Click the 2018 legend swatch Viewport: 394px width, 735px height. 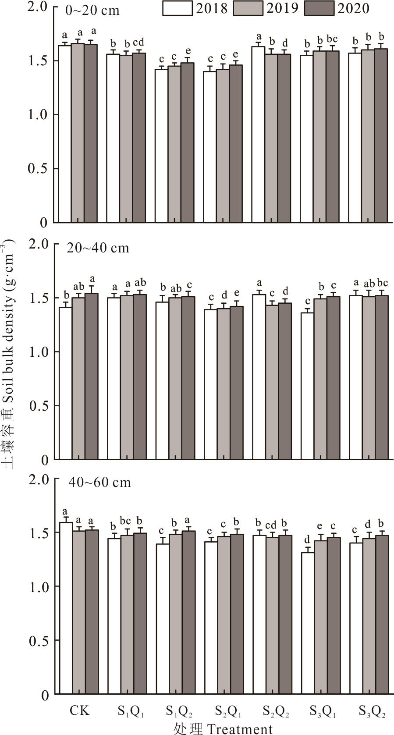tap(177, 8)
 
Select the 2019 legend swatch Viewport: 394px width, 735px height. tap(248, 8)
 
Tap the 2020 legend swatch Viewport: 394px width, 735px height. tap(319, 8)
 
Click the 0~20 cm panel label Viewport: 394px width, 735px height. tap(92, 11)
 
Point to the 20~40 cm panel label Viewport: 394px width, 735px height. tap(98, 248)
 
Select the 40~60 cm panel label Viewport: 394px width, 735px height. tap(99, 483)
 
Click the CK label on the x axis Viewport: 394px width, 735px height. tap(79, 710)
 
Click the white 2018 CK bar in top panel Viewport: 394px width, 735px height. tap(65, 134)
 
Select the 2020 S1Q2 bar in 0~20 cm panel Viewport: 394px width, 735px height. tap(187, 142)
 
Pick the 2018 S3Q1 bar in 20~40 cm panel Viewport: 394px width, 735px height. tap(307, 386)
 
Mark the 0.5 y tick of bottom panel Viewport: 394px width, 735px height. tap(39, 641)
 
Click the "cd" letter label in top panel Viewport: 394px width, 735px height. tap(138, 43)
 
